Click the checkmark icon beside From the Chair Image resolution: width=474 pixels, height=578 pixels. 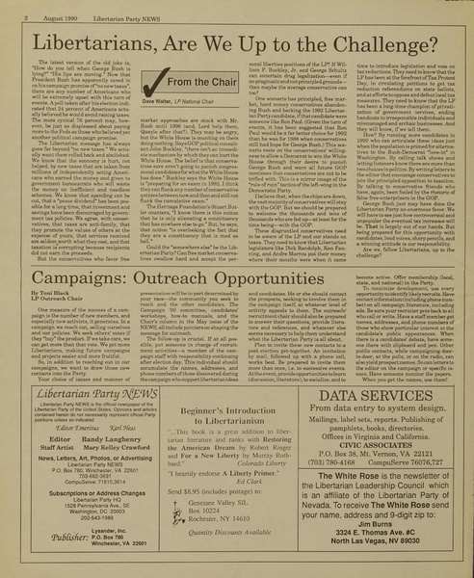click(x=154, y=84)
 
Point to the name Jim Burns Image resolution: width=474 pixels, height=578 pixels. click(x=390, y=543)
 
